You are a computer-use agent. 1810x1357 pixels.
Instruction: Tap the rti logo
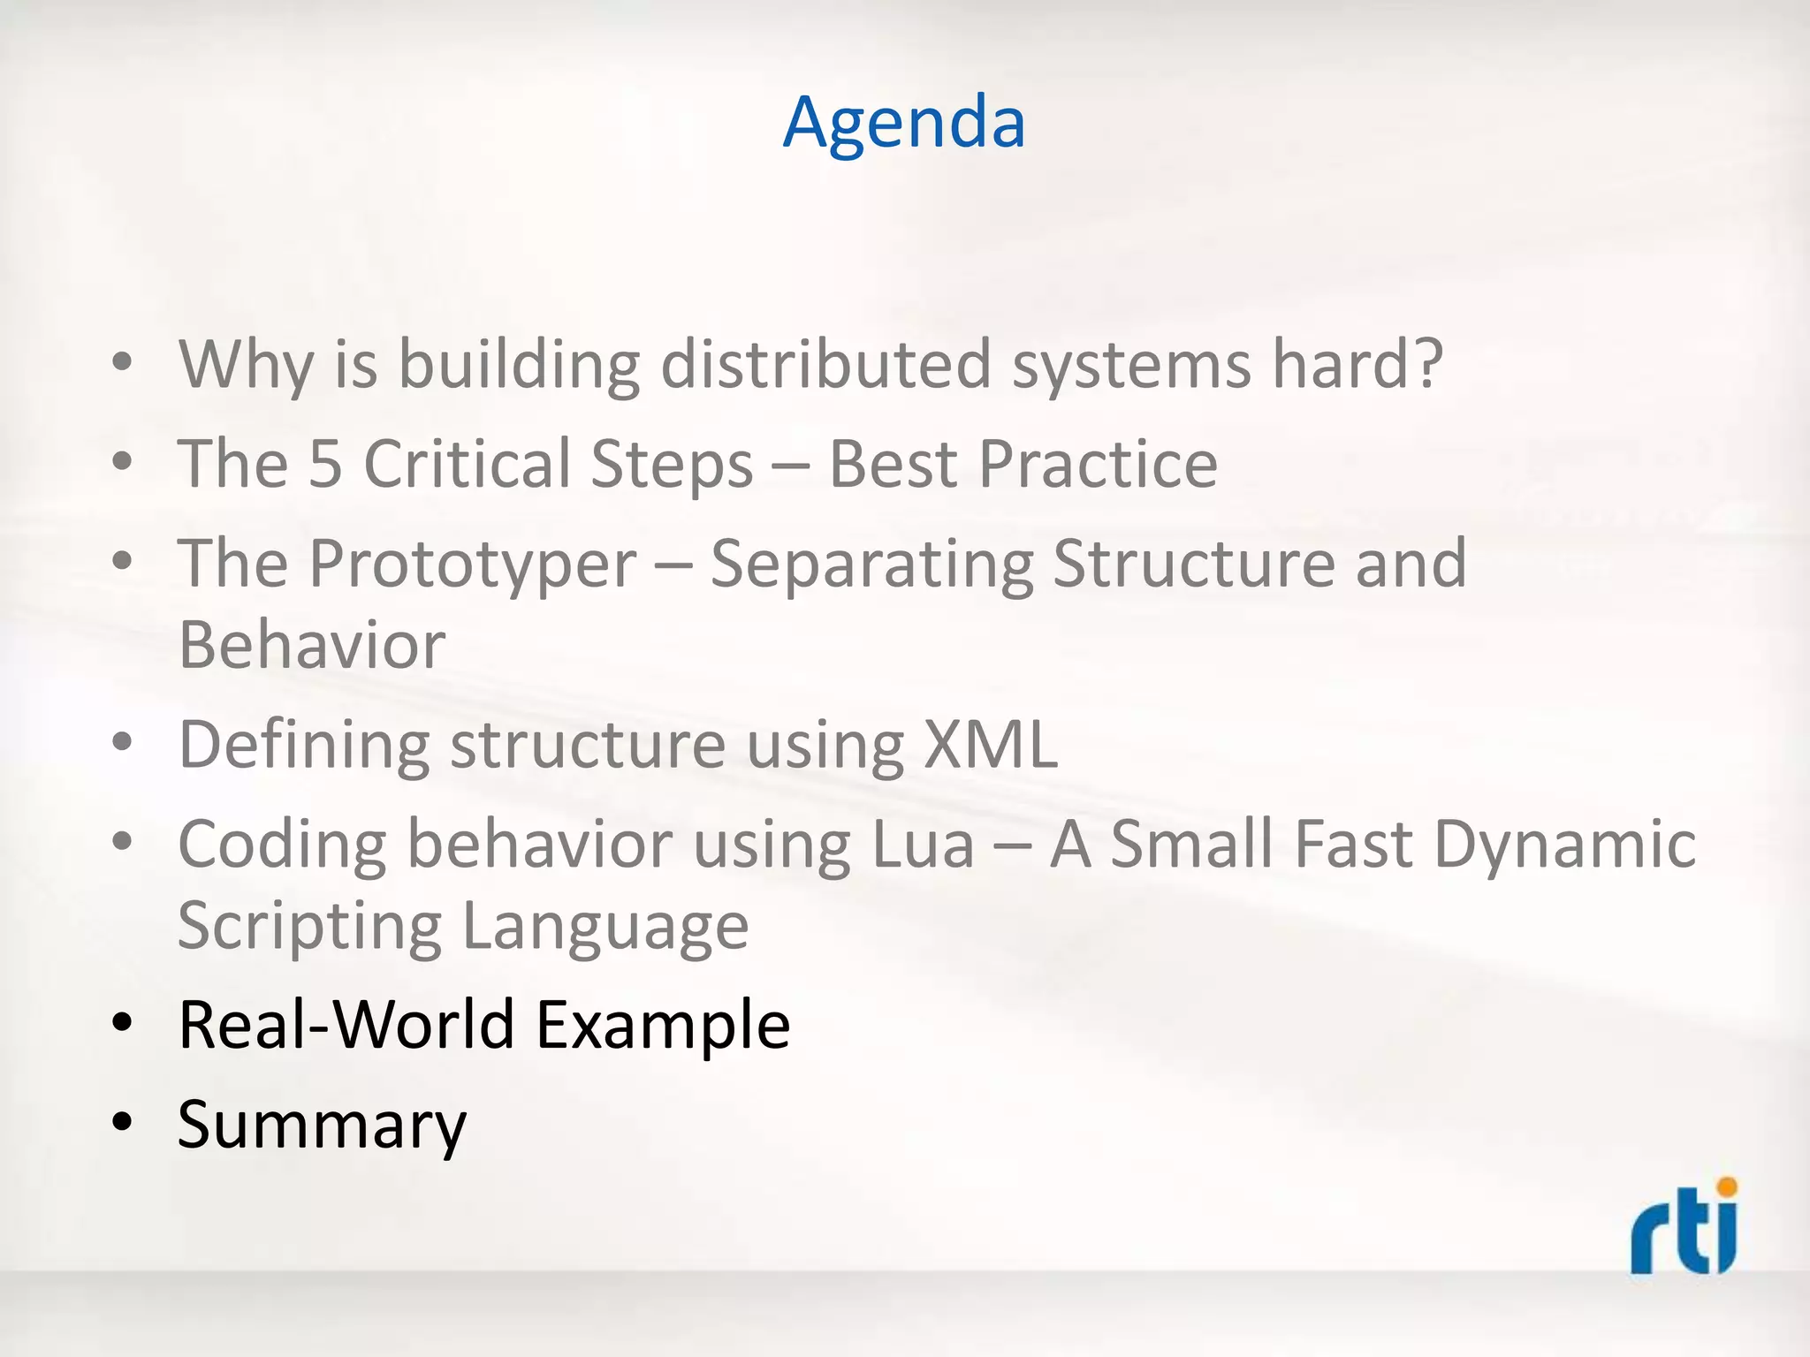1684,1228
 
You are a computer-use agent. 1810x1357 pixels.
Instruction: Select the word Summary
321,1125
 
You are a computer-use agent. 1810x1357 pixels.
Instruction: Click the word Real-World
346,1025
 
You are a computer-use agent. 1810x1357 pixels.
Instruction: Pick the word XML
990,744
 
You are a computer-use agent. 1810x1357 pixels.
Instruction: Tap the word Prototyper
472,563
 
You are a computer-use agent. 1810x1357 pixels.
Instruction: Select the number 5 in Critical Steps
324,464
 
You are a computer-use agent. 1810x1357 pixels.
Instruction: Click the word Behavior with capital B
311,645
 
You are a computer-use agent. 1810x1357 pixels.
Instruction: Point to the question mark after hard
1425,363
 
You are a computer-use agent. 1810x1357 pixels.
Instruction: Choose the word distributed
826,363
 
